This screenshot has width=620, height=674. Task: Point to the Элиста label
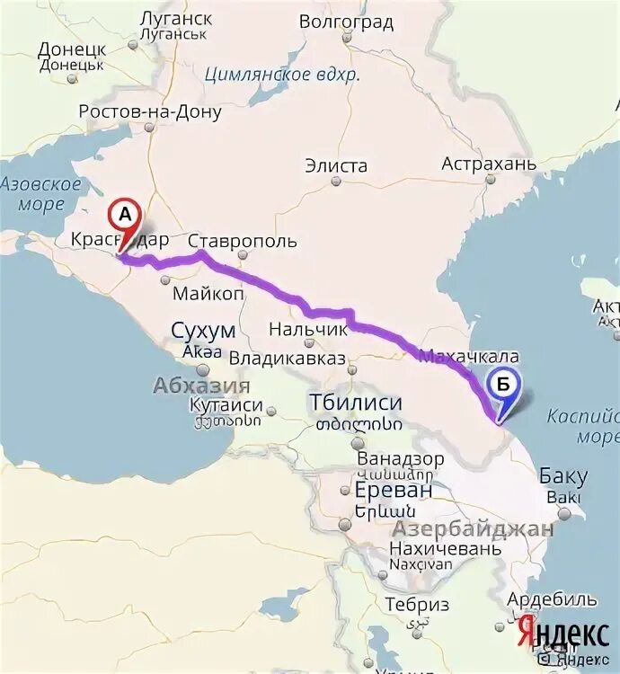[x=336, y=166]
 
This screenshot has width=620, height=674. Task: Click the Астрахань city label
[x=489, y=164]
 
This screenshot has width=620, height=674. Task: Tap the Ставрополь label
[x=242, y=242]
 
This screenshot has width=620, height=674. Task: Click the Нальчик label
[x=307, y=330]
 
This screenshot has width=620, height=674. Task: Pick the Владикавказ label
[x=288, y=359]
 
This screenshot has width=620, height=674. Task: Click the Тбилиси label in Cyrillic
[x=355, y=402]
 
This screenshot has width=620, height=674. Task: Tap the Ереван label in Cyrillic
[x=393, y=491]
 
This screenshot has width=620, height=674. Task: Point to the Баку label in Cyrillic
[x=563, y=476]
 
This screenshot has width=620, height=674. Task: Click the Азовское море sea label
[x=40, y=194]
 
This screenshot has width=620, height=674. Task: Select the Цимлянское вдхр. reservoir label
[x=281, y=75]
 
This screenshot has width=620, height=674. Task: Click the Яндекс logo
[x=562, y=634]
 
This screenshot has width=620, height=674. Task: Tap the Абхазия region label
[x=201, y=386]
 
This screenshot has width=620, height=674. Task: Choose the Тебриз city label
[x=415, y=605]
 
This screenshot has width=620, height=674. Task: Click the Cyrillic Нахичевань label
[x=444, y=548]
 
